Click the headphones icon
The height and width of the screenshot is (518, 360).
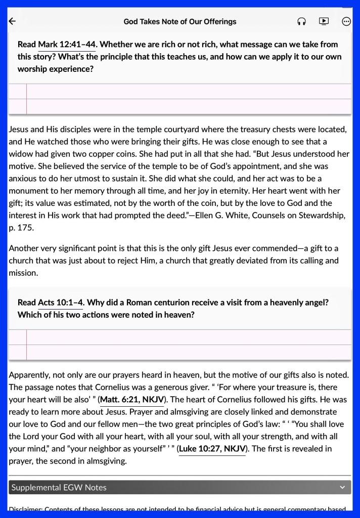coord(302,21)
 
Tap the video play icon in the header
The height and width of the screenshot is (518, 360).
coord(324,21)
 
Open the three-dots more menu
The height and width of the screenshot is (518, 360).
coord(346,21)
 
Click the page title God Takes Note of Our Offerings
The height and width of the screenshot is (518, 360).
coord(180,22)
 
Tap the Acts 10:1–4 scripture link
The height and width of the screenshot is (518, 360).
coord(61,303)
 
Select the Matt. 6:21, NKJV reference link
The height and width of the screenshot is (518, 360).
coord(132,400)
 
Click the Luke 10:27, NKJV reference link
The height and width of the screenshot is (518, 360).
coord(212,449)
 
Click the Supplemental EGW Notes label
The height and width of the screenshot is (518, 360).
coord(59,488)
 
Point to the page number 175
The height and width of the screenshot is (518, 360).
coord(28,228)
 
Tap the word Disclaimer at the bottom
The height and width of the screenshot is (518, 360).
coord(25,510)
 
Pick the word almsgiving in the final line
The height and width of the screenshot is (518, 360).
coord(103,461)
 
